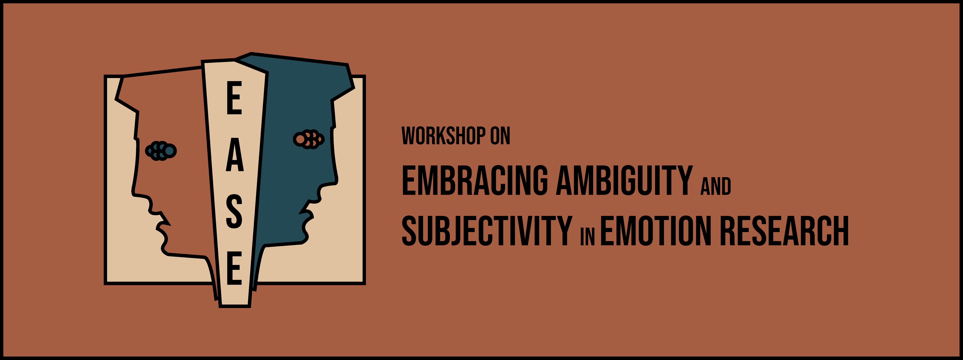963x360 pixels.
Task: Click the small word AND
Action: [x=716, y=186]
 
